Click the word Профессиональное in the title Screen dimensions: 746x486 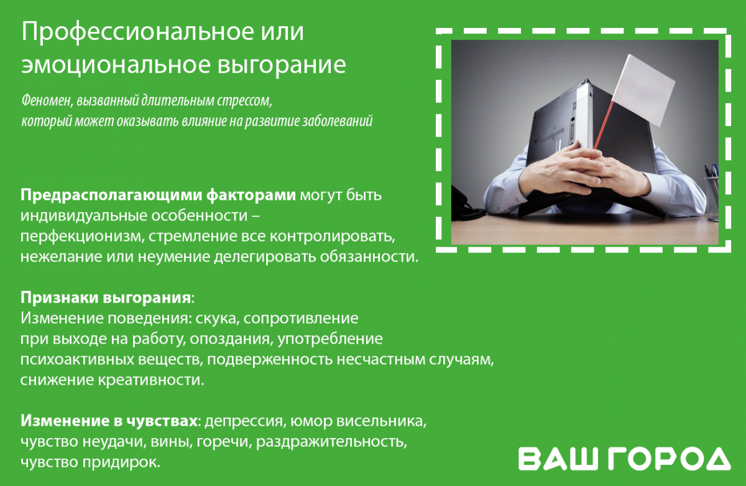pyautogui.click(x=137, y=32)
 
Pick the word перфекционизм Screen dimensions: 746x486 pyautogui.click(x=82, y=237)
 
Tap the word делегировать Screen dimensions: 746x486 pyautogui.click(x=264, y=257)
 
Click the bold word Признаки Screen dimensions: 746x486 pyautogui.click(x=59, y=298)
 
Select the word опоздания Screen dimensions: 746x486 pyautogui.click(x=231, y=339)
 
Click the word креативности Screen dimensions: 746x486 pyautogui.click(x=151, y=380)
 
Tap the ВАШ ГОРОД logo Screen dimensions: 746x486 pyautogui.click(x=624, y=459)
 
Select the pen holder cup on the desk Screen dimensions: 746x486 pyautogui.click(x=712, y=198)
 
